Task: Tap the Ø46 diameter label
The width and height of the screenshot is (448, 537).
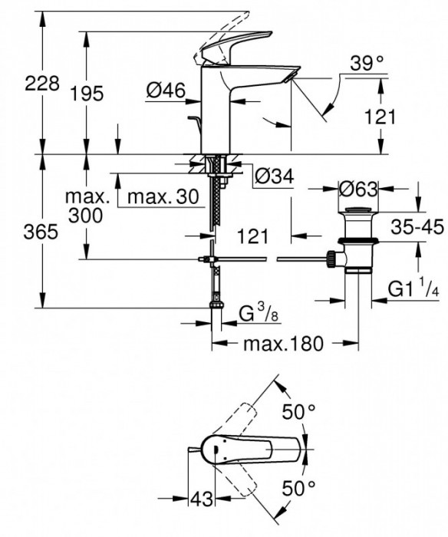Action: coord(165,91)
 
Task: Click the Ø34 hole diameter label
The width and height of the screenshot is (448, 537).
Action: coord(273,176)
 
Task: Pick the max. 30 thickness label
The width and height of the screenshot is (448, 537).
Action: coord(163,197)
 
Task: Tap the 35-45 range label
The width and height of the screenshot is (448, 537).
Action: coord(417,228)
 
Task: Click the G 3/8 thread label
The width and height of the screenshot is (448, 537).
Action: coord(254,312)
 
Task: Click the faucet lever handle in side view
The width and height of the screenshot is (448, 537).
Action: coord(234,45)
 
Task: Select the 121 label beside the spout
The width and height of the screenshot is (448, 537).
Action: coord(380,116)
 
